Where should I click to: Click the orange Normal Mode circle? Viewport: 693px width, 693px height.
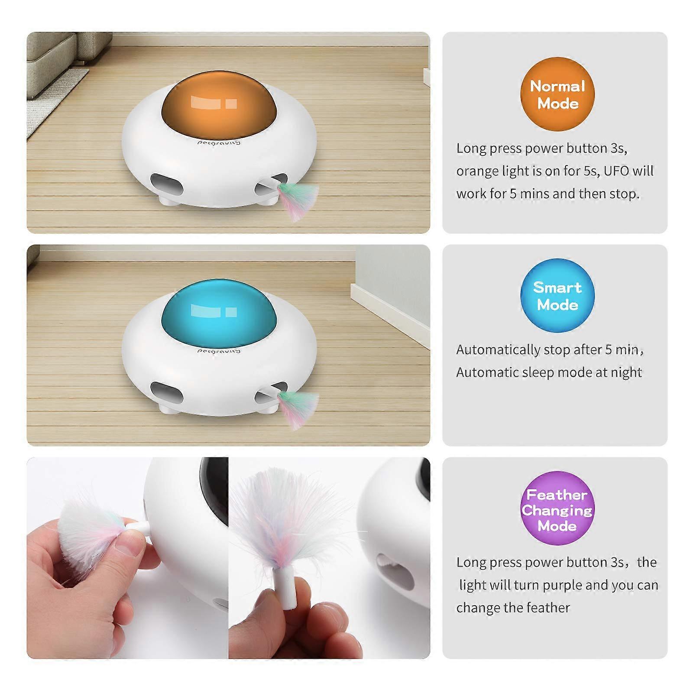tap(557, 94)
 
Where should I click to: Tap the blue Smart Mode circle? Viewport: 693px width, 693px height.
tap(557, 295)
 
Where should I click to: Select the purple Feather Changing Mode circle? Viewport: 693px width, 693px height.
tap(557, 508)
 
